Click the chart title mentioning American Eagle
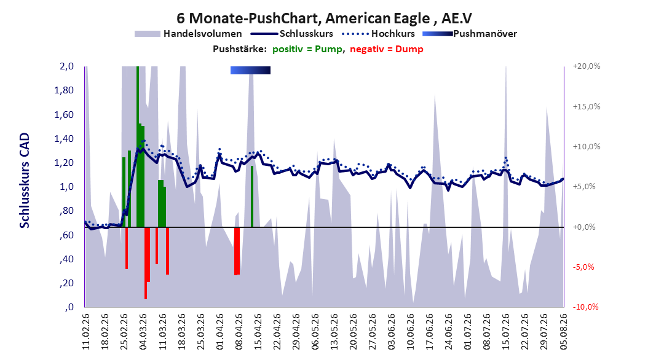pos(324,18)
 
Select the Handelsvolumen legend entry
pos(188,34)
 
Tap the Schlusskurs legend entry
pos(292,34)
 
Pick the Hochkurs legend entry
pos(379,34)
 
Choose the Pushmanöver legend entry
pos(470,34)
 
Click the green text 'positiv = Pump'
pos(307,49)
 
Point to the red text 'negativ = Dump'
pos(387,49)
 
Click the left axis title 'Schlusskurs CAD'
pos(25,181)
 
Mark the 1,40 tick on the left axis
pos(64,139)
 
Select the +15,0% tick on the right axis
pos(587,106)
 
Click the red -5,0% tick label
pos(583,267)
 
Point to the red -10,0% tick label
pos(585,307)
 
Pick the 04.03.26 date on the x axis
pos(143,332)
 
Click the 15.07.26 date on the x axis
pos(506,332)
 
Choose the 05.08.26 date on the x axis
pos(563,332)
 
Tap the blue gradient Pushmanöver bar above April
pos(250,70)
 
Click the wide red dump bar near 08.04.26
pos(237,251)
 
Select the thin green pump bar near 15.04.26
pos(252,197)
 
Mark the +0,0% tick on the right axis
pos(584,227)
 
